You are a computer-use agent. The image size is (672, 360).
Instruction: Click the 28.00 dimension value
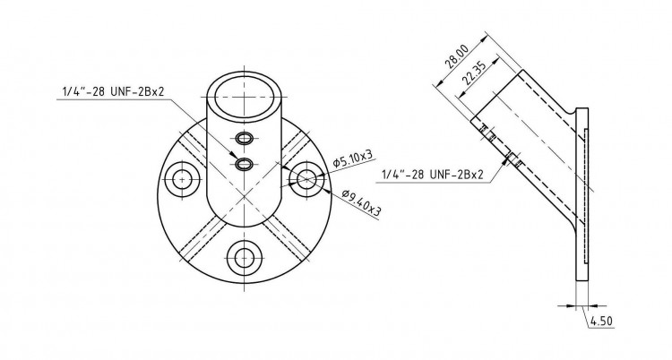tap(457, 56)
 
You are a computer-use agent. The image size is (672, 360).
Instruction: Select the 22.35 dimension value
tap(473, 73)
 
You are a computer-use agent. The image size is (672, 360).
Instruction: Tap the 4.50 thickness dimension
tap(601, 321)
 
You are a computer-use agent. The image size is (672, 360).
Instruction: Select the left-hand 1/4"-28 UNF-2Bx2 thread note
tap(114, 91)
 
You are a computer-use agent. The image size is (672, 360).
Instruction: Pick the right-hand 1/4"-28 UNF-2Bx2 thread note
tap(433, 175)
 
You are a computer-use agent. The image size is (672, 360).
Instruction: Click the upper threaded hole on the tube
tap(245, 138)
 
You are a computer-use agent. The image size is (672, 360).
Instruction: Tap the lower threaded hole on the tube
tap(245, 163)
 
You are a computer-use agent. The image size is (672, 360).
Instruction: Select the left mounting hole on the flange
tap(183, 180)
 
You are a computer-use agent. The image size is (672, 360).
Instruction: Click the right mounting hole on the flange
tap(306, 180)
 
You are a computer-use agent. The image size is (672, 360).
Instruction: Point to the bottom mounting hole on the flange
tap(245, 257)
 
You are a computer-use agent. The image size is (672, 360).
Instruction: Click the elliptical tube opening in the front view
tap(245, 97)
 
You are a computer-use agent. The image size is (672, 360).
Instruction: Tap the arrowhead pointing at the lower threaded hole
tap(233, 155)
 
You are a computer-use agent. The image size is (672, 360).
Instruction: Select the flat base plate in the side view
tap(582, 194)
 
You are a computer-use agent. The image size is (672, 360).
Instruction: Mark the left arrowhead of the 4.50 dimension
tap(573, 306)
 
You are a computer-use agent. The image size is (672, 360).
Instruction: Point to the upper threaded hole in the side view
tap(487, 133)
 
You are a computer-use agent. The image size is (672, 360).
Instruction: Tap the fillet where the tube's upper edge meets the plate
tap(572, 111)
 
